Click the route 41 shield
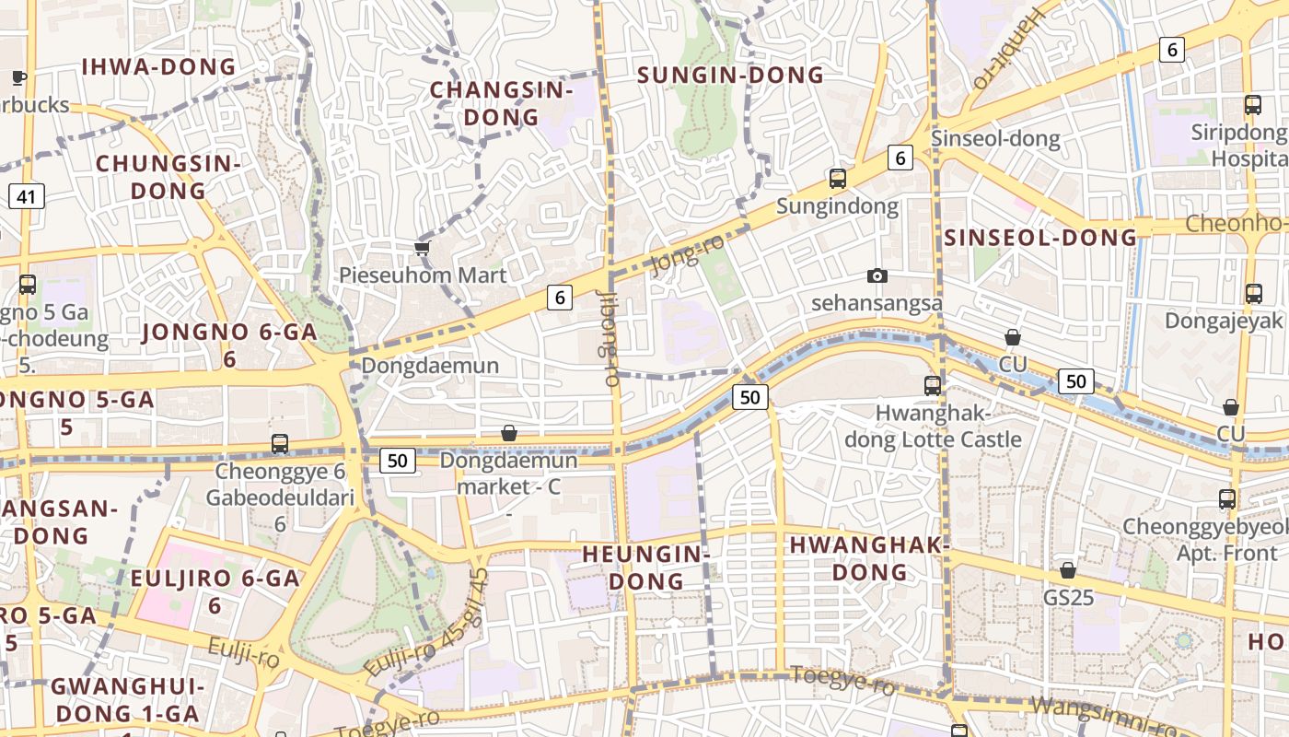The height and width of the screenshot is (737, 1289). click(27, 196)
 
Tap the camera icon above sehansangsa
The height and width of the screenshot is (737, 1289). click(877, 275)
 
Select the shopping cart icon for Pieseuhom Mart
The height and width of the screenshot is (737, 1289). click(423, 247)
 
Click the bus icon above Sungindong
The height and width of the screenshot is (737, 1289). click(837, 178)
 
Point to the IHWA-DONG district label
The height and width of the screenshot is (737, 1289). click(159, 67)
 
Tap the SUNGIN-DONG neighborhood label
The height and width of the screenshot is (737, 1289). click(731, 76)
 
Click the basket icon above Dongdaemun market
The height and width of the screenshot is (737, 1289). click(508, 433)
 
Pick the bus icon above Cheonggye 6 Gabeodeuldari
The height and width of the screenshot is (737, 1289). click(280, 444)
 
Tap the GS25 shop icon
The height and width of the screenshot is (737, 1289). click(1068, 570)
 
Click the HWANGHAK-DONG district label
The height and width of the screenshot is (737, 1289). click(869, 558)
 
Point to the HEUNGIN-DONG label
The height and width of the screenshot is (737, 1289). click(645, 567)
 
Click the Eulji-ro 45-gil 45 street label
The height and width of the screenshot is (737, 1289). click(426, 625)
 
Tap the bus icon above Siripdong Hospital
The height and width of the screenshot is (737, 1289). click(1252, 105)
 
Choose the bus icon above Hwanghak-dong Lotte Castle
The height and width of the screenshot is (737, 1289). click(933, 385)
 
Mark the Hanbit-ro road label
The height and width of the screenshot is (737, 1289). click(1010, 48)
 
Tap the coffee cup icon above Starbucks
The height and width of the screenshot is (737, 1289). click(17, 77)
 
